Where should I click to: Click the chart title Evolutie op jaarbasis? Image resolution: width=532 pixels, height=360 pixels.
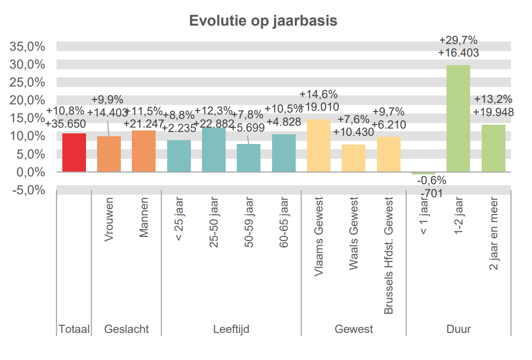point(263,22)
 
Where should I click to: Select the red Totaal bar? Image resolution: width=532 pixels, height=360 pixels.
point(74,153)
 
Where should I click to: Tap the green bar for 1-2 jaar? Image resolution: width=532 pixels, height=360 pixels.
point(458,118)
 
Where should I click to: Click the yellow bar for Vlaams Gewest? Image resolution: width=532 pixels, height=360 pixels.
point(318,145)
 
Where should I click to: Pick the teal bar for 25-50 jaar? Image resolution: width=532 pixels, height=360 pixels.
point(214,150)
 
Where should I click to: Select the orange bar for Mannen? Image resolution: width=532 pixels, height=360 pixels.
point(144,151)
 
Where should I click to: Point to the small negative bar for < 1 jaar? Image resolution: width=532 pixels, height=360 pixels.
point(423,173)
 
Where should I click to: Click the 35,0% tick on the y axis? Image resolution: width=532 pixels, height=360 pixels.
point(28,47)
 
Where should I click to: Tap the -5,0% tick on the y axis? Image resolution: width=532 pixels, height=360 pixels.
point(28,190)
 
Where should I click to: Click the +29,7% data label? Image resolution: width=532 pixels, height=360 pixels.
point(458,41)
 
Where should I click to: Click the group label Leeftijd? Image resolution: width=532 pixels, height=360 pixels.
point(231,330)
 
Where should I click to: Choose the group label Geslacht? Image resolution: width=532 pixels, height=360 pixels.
point(127,330)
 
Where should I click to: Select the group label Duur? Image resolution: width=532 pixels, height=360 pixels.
point(458,330)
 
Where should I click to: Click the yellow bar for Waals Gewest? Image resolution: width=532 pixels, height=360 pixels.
point(353,158)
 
